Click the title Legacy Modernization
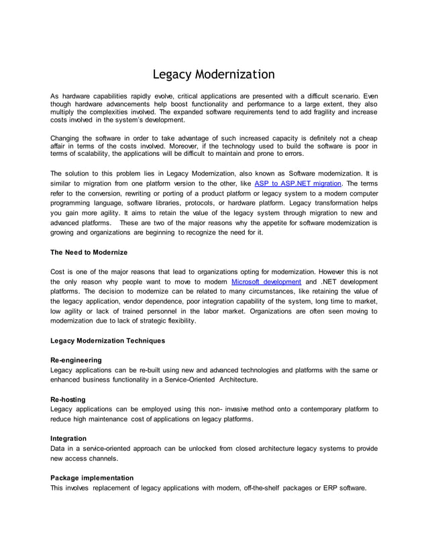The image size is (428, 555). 213,73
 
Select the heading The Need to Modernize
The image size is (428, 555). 89,252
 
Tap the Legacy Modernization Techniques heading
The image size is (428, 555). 107,341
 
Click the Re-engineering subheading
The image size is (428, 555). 76,360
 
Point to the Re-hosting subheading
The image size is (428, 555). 68,399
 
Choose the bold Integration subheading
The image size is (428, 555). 68,438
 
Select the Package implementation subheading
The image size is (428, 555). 92,478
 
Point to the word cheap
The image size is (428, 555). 365,138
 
